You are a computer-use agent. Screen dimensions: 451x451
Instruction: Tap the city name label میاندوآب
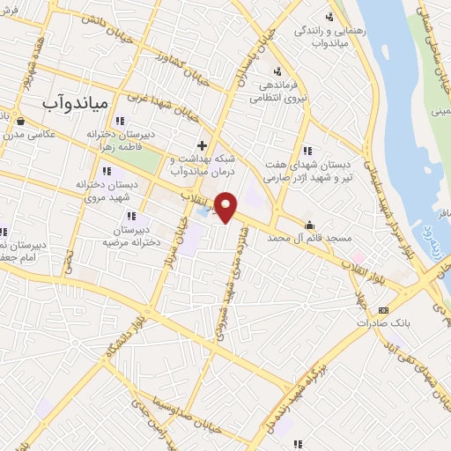click(x=75, y=103)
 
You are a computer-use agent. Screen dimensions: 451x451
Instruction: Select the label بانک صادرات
click(x=383, y=323)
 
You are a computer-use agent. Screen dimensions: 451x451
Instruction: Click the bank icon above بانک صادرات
click(x=383, y=310)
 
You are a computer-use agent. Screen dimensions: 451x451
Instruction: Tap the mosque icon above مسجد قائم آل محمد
click(x=308, y=223)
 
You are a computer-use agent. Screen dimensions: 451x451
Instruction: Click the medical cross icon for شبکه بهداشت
click(x=202, y=145)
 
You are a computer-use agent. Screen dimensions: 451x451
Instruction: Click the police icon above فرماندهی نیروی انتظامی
click(x=277, y=71)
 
